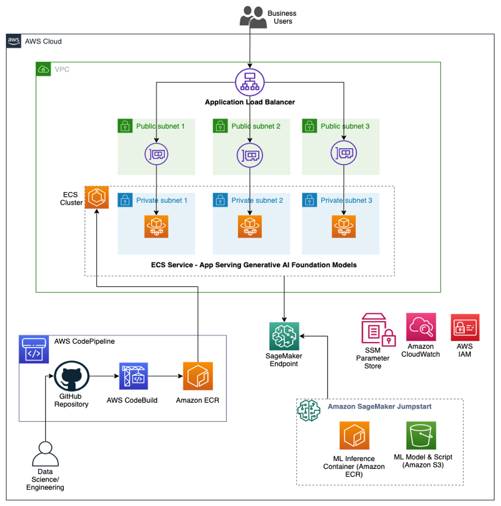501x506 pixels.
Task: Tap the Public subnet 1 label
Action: [160, 126]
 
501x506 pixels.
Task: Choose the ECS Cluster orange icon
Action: [96, 197]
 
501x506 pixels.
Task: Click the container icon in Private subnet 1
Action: [156, 226]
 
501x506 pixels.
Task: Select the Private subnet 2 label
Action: [257, 201]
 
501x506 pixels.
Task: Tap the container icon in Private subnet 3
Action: [344, 226]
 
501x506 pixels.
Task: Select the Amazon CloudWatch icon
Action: [421, 327]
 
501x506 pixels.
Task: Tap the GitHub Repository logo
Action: [72, 377]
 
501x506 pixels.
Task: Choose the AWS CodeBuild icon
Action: [134, 377]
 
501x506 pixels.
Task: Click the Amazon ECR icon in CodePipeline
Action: [198, 377]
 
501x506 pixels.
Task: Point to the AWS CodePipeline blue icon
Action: [34, 349]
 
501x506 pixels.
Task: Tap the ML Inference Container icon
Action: [355, 436]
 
